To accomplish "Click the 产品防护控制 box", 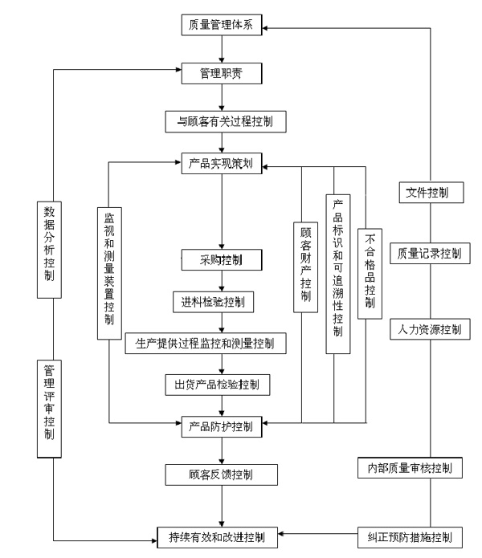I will (x=220, y=425).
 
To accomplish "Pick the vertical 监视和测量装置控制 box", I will (x=109, y=267).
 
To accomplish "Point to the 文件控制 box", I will (x=429, y=193).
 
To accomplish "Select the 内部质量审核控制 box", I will (x=410, y=468).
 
